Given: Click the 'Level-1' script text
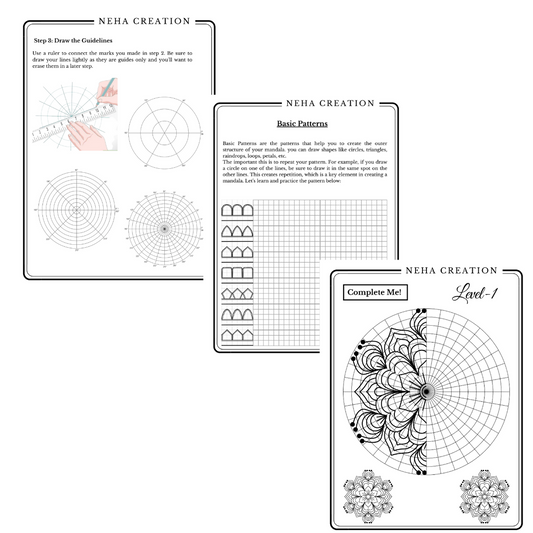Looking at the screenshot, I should [481, 292].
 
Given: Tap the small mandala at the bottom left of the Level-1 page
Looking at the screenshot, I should [365, 497].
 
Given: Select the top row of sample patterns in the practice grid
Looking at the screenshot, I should [235, 212].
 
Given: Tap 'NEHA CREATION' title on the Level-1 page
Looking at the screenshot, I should [426, 270].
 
